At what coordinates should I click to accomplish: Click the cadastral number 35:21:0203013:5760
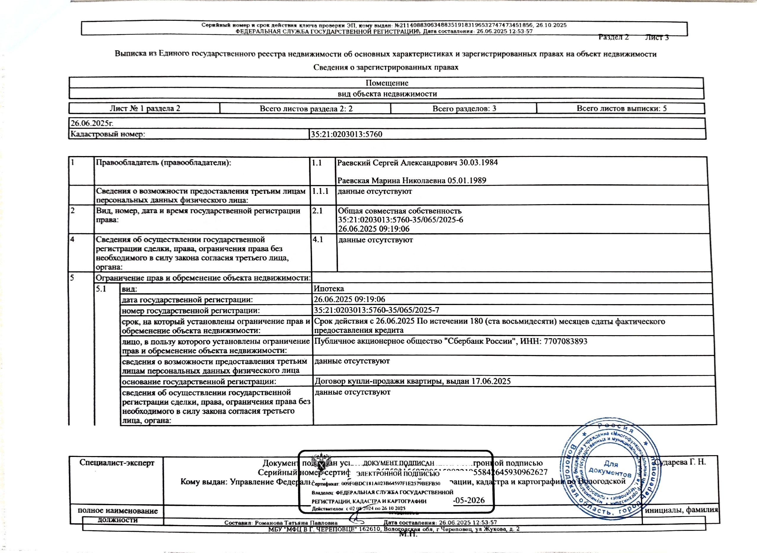[347, 134]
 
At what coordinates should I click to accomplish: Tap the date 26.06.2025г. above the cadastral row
[92, 123]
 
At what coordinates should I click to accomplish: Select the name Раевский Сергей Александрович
[397, 163]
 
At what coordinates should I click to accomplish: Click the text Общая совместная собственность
[399, 211]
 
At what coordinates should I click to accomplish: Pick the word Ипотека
[329, 288]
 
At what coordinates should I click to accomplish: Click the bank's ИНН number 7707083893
[565, 341]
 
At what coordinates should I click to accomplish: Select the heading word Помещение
[387, 83]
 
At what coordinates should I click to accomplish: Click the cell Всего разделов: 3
[464, 108]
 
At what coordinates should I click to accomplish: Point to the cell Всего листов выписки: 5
[621, 108]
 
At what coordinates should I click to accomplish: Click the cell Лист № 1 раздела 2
[145, 108]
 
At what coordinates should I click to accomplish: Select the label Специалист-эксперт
[117, 463]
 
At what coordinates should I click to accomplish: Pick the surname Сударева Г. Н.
[681, 462]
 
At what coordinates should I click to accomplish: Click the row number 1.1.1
[321, 191]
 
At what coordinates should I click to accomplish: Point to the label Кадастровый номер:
[107, 134]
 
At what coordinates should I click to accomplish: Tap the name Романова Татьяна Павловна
[296, 523]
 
